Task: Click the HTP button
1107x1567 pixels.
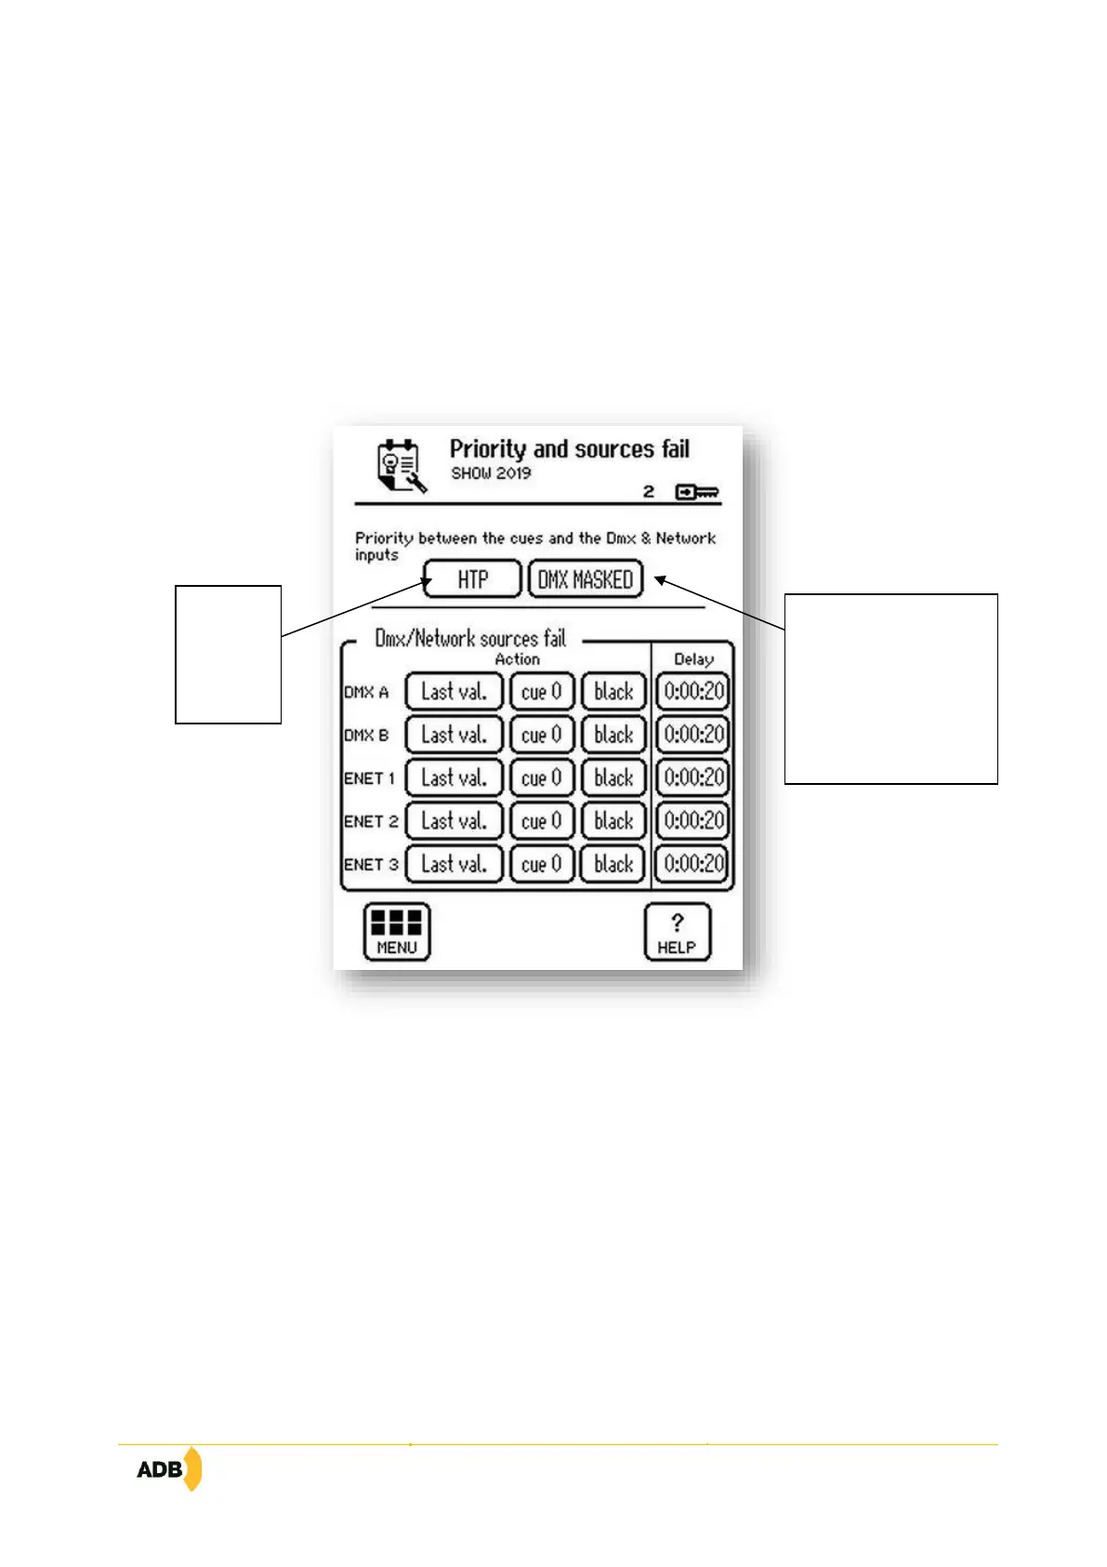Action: (472, 579)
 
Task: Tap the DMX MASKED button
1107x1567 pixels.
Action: (585, 579)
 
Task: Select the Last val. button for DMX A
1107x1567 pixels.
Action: (454, 692)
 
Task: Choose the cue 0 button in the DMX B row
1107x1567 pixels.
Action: (541, 735)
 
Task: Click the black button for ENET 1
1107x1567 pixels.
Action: (613, 777)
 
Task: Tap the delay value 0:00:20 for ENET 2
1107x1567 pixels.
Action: (693, 820)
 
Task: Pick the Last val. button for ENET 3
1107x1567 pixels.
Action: (454, 864)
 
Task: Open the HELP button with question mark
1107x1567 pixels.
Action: (677, 932)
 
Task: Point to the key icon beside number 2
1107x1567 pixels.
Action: (697, 492)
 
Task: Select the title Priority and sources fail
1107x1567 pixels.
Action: (569, 449)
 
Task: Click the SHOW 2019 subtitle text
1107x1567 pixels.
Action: (491, 473)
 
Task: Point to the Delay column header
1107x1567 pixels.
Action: (693, 659)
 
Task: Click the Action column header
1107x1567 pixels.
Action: (517, 659)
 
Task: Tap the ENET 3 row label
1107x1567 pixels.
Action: (371, 864)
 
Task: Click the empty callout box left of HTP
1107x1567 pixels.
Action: (228, 654)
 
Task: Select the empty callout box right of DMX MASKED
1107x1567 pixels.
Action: (890, 688)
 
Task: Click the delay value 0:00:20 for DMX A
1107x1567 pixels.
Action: (693, 692)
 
